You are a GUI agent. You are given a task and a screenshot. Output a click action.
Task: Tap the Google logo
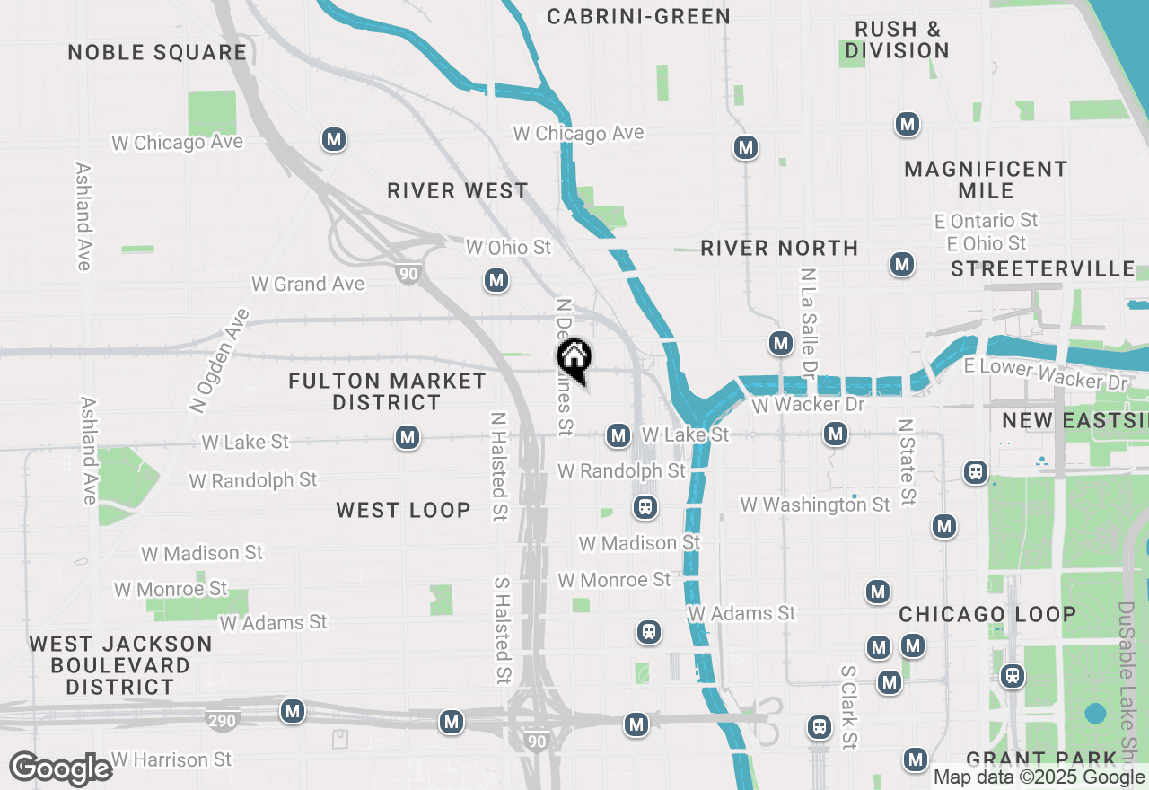pos(61,769)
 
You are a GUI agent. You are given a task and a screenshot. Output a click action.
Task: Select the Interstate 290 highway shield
pos(224,720)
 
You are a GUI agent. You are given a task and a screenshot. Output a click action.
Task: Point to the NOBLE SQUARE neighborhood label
pos(157,52)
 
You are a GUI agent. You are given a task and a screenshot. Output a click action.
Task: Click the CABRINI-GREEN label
pos(638,16)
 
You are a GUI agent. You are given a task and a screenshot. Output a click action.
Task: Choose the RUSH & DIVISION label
pos(897,40)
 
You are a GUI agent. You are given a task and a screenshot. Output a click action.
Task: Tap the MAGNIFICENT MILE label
pos(986,180)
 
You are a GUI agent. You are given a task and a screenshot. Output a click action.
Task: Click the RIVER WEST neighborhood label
pos(458,190)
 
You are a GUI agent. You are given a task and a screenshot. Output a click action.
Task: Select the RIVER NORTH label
pos(779,248)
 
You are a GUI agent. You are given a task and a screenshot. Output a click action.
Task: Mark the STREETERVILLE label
pos(1043,269)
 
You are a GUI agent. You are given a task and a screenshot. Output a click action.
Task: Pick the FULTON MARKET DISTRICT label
pos(387,392)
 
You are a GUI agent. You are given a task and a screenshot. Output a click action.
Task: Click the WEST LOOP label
pos(403,510)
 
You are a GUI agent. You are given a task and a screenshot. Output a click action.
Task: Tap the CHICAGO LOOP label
pos(987,614)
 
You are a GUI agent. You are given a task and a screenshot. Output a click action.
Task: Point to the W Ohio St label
pos(508,247)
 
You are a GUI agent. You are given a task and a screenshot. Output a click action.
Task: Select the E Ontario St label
pos(992,220)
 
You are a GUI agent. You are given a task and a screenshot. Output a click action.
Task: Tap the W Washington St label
pos(815,505)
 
